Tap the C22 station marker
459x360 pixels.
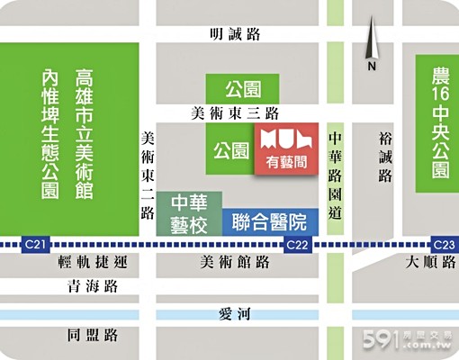point(298,245)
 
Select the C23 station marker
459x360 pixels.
point(445,244)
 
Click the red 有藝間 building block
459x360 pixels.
point(287,151)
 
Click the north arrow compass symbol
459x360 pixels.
point(370,49)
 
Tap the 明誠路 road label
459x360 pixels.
point(233,34)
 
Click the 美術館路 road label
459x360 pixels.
point(235,263)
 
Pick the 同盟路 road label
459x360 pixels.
point(93,335)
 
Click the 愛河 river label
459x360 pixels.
point(233,313)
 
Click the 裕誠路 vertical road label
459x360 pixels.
point(386,156)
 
